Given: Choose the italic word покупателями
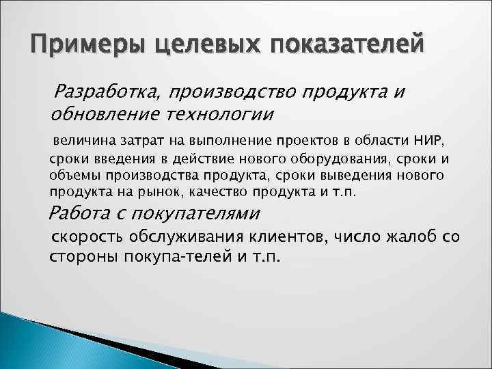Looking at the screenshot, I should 200,213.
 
